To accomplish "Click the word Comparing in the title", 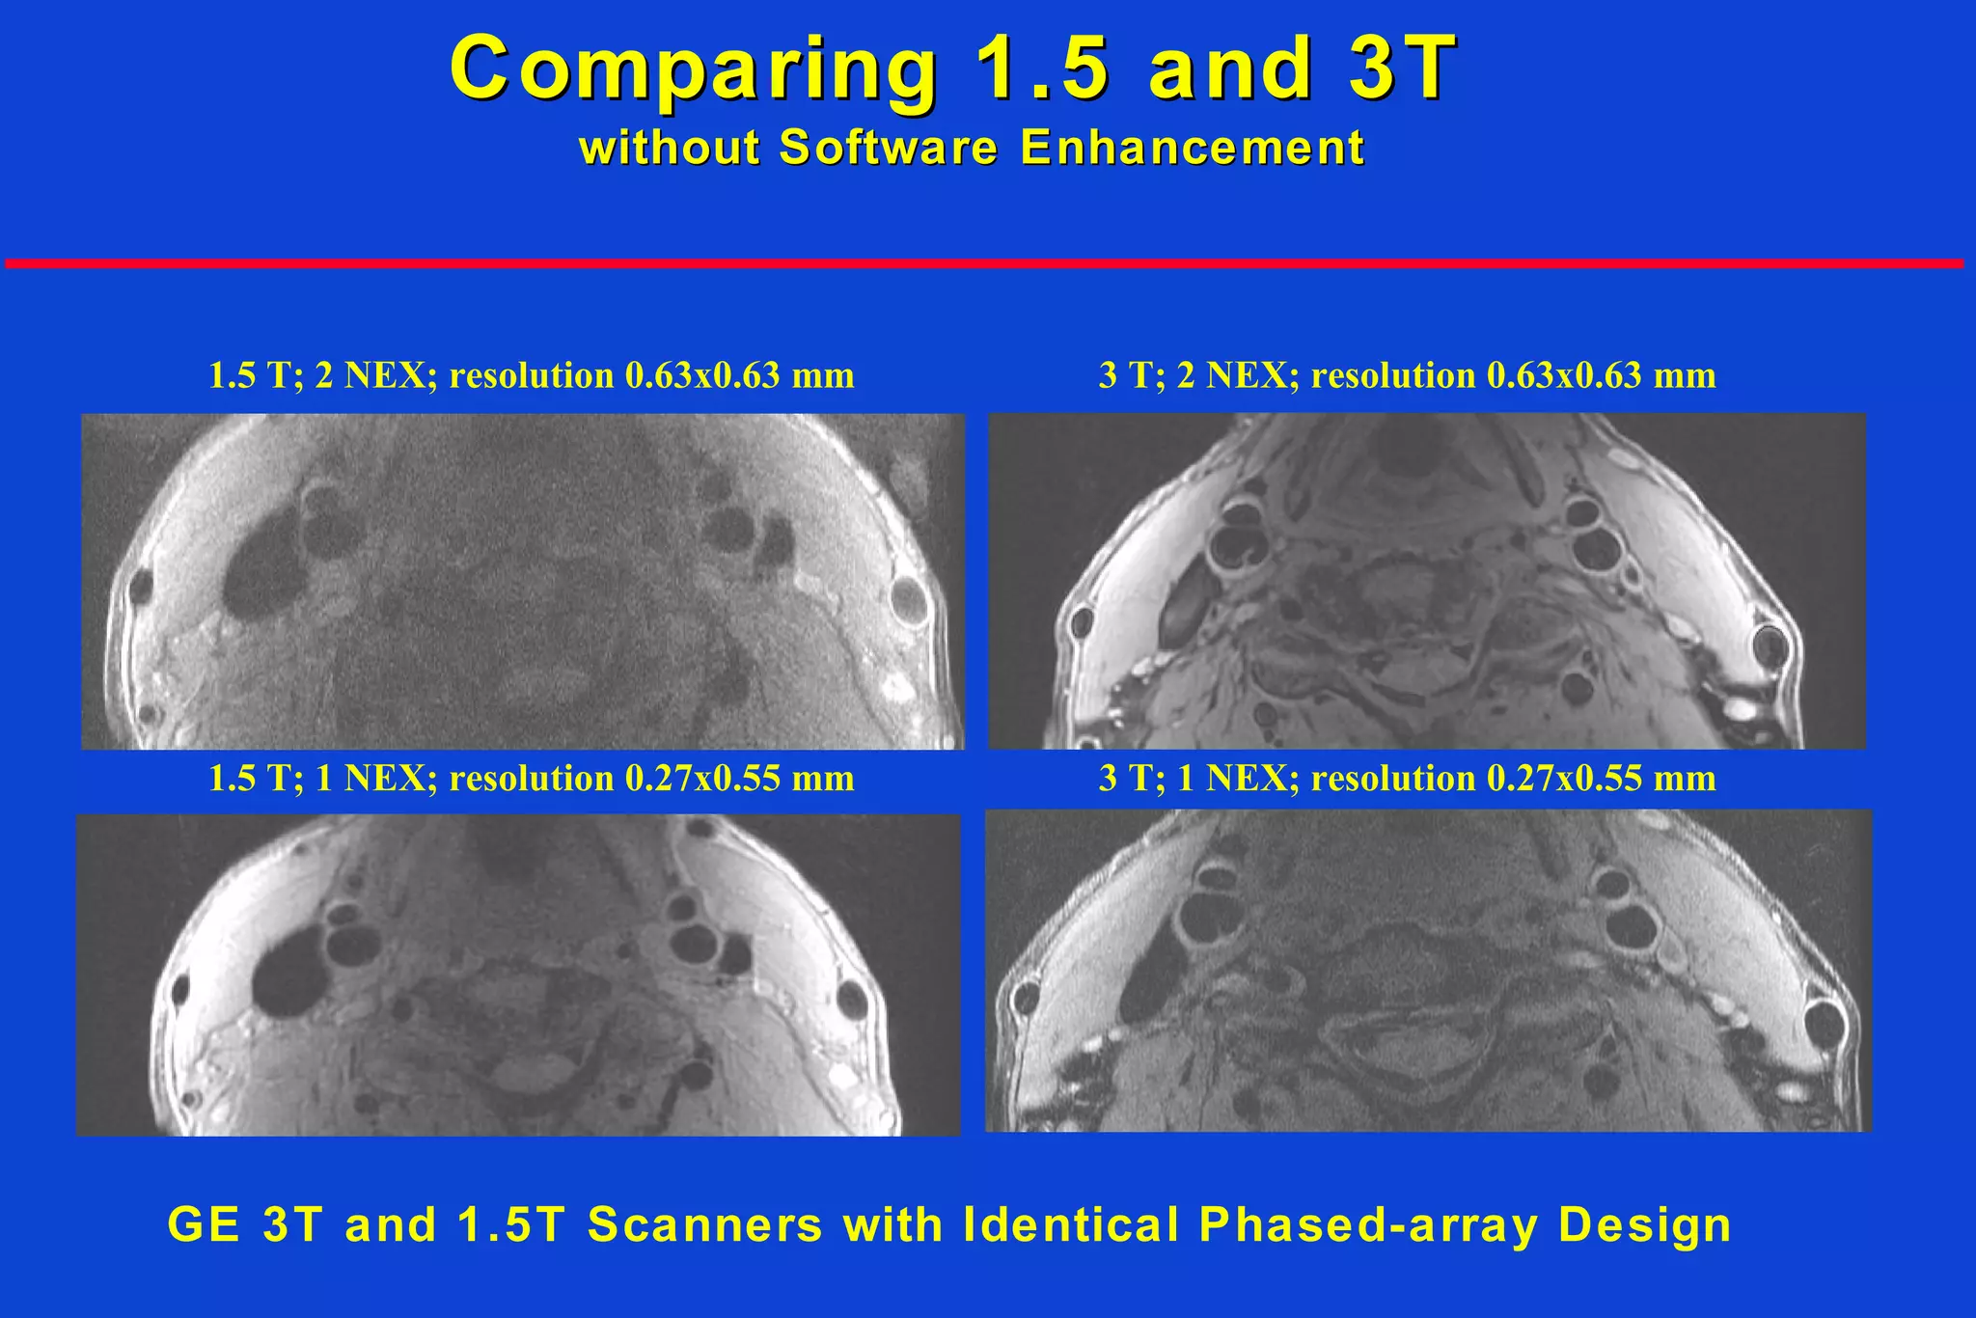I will click(693, 68).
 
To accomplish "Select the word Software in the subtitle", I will click(888, 149).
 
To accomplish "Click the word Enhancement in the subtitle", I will click(1192, 149).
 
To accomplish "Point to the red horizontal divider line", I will click(984, 263).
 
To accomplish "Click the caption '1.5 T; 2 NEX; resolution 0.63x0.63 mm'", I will click(532, 375).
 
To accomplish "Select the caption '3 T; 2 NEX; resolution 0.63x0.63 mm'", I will click(1407, 375).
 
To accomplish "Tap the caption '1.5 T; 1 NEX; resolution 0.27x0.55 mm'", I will click(532, 779).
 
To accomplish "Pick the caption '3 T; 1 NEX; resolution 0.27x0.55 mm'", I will click(1407, 779).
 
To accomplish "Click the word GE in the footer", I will click(204, 1225).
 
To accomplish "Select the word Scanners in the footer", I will click(704, 1225).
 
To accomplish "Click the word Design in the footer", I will click(1644, 1225).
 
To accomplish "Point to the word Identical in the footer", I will click(1071, 1225).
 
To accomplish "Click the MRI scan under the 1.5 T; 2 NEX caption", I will click(522, 582).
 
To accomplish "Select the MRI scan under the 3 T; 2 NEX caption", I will click(1427, 581).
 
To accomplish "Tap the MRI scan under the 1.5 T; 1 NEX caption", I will click(518, 975).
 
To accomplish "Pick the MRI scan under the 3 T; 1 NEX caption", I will click(1428, 971).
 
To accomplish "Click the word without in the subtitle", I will click(670, 149).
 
